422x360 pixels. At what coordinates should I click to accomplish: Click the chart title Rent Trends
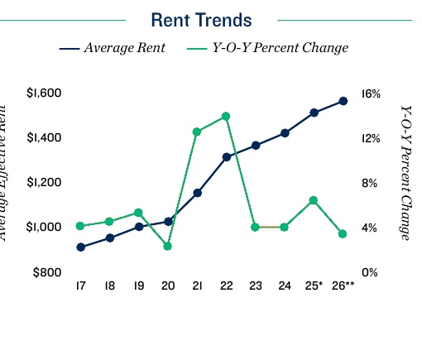tap(201, 19)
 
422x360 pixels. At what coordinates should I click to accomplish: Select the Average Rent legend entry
tap(113, 48)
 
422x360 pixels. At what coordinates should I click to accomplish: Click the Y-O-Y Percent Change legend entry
tap(269, 48)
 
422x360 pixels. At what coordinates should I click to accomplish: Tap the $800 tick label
tap(47, 272)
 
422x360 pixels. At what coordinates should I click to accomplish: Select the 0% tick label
tap(371, 272)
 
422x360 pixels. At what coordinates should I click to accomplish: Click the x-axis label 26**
tap(343, 286)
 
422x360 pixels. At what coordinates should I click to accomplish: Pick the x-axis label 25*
tap(314, 286)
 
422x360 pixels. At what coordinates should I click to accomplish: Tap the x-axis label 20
tap(168, 286)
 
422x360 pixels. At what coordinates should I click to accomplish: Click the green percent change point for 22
tap(226, 117)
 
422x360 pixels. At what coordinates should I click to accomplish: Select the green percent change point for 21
tap(197, 132)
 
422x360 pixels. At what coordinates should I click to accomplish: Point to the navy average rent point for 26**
tap(343, 101)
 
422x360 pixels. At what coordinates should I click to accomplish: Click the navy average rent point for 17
tap(80, 247)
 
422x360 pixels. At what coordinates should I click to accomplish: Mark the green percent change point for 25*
tap(314, 200)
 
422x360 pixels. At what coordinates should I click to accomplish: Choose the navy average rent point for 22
tap(226, 156)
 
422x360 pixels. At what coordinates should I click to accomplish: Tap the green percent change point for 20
tap(168, 246)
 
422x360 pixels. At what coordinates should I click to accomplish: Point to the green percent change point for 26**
tap(343, 234)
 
